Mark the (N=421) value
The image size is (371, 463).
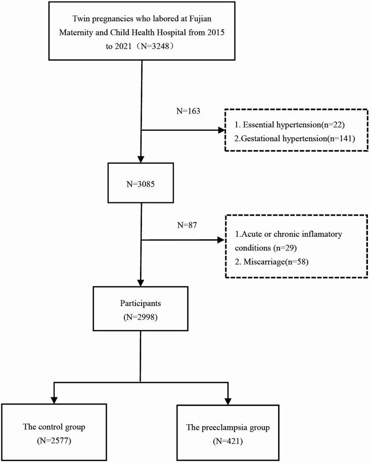(x=227, y=441)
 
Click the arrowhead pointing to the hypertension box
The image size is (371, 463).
(x=220, y=130)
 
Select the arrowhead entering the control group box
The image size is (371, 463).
(x=53, y=399)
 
